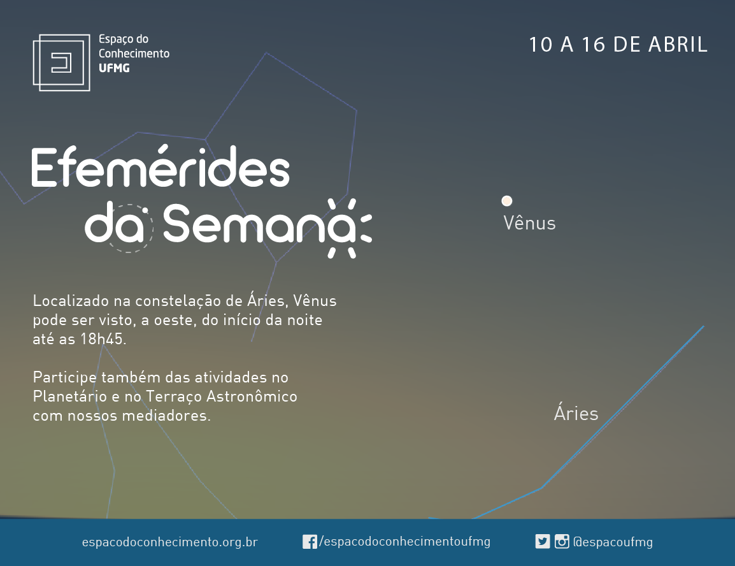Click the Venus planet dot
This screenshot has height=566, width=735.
click(x=507, y=201)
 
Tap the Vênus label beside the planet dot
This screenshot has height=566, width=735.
click(x=529, y=223)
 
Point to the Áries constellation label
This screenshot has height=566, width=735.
click(x=576, y=413)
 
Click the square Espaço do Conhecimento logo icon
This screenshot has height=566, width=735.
click(x=61, y=62)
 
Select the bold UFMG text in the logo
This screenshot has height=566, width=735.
click(x=114, y=68)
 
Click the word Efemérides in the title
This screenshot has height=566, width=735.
click(x=161, y=167)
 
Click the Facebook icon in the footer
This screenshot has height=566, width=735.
click(x=310, y=542)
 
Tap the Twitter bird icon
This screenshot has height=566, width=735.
click(x=543, y=542)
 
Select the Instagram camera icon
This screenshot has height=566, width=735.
click(x=562, y=542)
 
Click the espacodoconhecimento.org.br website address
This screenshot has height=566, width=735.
click(x=169, y=542)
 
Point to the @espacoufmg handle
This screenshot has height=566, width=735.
click(x=613, y=542)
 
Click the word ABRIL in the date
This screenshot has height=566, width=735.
click(x=678, y=45)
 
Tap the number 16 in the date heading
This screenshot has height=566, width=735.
click(x=594, y=45)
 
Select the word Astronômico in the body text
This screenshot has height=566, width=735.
click(x=252, y=396)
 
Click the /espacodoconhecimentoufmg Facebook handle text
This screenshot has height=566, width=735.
click(x=404, y=542)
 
